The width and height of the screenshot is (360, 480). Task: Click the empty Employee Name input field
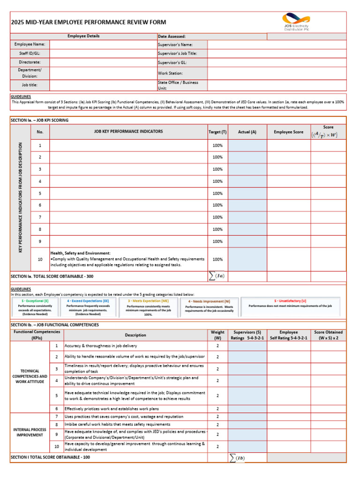[x=103, y=44]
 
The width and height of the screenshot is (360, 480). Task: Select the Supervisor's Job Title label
[x=177, y=53]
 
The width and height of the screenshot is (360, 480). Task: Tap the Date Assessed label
[x=172, y=36]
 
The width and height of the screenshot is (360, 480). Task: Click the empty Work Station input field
[x=277, y=73]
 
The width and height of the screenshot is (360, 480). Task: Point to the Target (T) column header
[x=217, y=132]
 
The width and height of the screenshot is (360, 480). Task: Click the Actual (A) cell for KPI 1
[x=247, y=145]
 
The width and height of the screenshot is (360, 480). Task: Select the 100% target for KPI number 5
[x=217, y=193]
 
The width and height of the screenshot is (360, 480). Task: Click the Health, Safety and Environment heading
[x=80, y=253]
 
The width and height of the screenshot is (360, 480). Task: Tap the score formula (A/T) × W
[x=328, y=135]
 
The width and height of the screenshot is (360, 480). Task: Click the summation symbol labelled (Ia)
[x=217, y=276]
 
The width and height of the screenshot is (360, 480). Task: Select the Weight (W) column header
[x=217, y=335]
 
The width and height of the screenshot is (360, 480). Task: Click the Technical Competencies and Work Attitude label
[x=30, y=376]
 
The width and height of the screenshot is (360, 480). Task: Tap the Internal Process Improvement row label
[x=30, y=432]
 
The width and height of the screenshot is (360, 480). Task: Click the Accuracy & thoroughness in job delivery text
[x=101, y=346]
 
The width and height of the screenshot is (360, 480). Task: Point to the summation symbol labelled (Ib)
[x=237, y=457]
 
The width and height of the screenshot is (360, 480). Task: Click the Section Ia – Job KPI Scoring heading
[x=39, y=120]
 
